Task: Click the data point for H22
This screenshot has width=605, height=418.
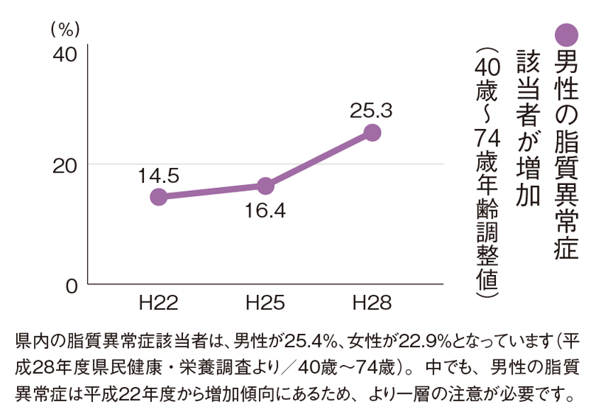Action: tap(158, 197)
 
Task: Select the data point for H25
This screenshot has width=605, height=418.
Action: tap(266, 186)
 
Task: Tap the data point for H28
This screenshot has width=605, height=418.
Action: tap(373, 133)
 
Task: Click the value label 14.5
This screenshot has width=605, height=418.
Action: tap(158, 175)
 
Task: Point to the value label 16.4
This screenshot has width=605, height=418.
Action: tap(266, 211)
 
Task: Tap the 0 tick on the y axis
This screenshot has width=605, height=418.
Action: tap(71, 285)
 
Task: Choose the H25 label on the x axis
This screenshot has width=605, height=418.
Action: tap(266, 302)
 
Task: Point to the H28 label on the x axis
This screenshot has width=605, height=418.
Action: tap(373, 302)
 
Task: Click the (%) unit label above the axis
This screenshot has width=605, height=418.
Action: tap(66, 28)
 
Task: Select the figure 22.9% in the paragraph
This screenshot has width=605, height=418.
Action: tap(426, 343)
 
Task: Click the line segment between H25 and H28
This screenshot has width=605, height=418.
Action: tap(319, 159)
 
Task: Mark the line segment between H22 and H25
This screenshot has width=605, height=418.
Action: tap(212, 192)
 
